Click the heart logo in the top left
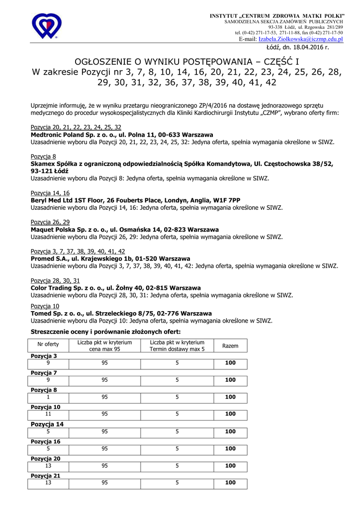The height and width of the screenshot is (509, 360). point(46,26)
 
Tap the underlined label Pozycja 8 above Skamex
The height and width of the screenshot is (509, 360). point(43,157)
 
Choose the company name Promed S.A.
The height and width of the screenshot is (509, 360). point(49,258)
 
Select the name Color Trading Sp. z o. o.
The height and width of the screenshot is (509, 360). point(66,288)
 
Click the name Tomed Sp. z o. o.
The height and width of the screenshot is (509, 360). point(57,314)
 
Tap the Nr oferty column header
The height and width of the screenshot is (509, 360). point(48,345)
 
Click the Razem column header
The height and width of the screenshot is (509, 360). point(230,345)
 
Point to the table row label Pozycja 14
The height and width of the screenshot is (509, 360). point(47,424)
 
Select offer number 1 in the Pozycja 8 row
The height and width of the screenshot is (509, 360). point(48,397)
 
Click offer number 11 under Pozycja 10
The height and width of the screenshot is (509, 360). point(48,414)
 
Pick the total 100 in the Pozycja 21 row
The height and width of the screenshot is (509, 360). point(230,483)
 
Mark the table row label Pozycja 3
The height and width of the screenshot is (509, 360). point(44,356)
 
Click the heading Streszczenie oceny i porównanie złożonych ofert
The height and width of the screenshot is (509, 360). point(105,332)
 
